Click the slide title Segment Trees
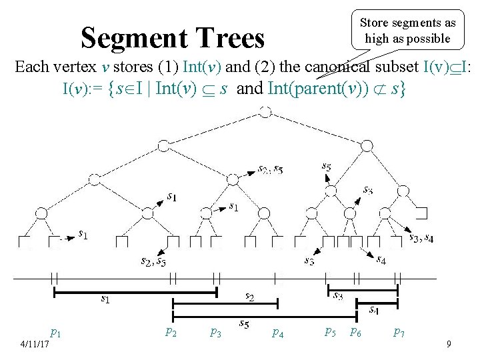[173, 38]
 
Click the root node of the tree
[265, 111]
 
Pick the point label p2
[171, 331]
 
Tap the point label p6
[356, 331]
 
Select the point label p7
[399, 331]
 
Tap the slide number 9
[449, 344]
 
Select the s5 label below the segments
[245, 324]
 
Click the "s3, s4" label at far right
[420, 237]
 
